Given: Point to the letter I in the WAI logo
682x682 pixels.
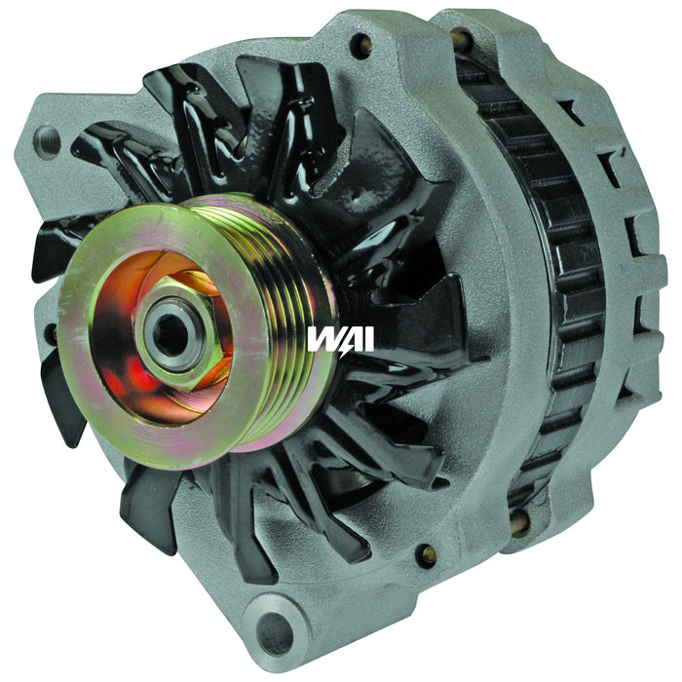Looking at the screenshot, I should coord(366,339).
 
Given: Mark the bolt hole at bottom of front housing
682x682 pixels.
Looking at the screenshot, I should coord(426,554).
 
